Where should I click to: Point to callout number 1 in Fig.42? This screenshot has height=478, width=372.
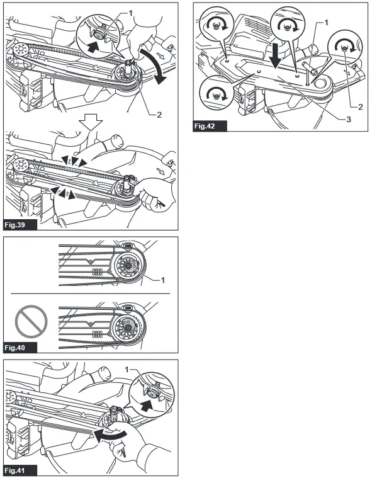(x=326, y=22)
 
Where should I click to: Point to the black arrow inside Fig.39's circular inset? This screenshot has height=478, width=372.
(x=94, y=45)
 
